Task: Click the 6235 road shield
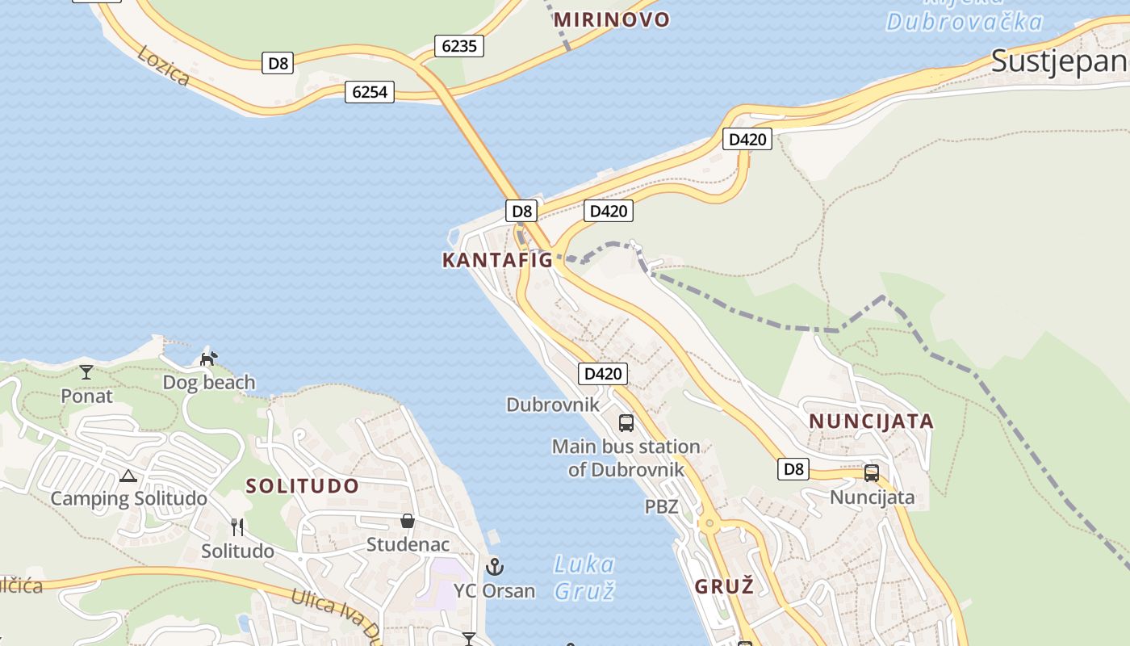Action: [x=459, y=46]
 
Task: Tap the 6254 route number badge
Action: [x=370, y=92]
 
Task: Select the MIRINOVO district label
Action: [x=612, y=19]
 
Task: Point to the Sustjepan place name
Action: [x=1058, y=61]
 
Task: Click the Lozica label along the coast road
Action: [x=164, y=65]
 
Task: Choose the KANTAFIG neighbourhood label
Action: [x=497, y=260]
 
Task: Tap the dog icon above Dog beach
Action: [x=209, y=358]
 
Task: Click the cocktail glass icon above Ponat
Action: [x=86, y=372]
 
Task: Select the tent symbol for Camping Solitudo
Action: [x=128, y=476]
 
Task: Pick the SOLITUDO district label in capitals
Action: [x=303, y=486]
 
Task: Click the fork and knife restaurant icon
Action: [x=237, y=527]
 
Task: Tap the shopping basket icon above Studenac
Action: [x=408, y=521]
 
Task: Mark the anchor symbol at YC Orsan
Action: [x=495, y=567]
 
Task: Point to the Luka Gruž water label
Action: [x=584, y=577]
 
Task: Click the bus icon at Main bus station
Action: [x=626, y=422]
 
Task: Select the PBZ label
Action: [x=661, y=507]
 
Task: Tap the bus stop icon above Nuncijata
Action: [x=872, y=473]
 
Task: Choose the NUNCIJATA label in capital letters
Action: [x=871, y=422]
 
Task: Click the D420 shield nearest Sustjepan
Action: [x=747, y=139]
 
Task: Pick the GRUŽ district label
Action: [x=724, y=586]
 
